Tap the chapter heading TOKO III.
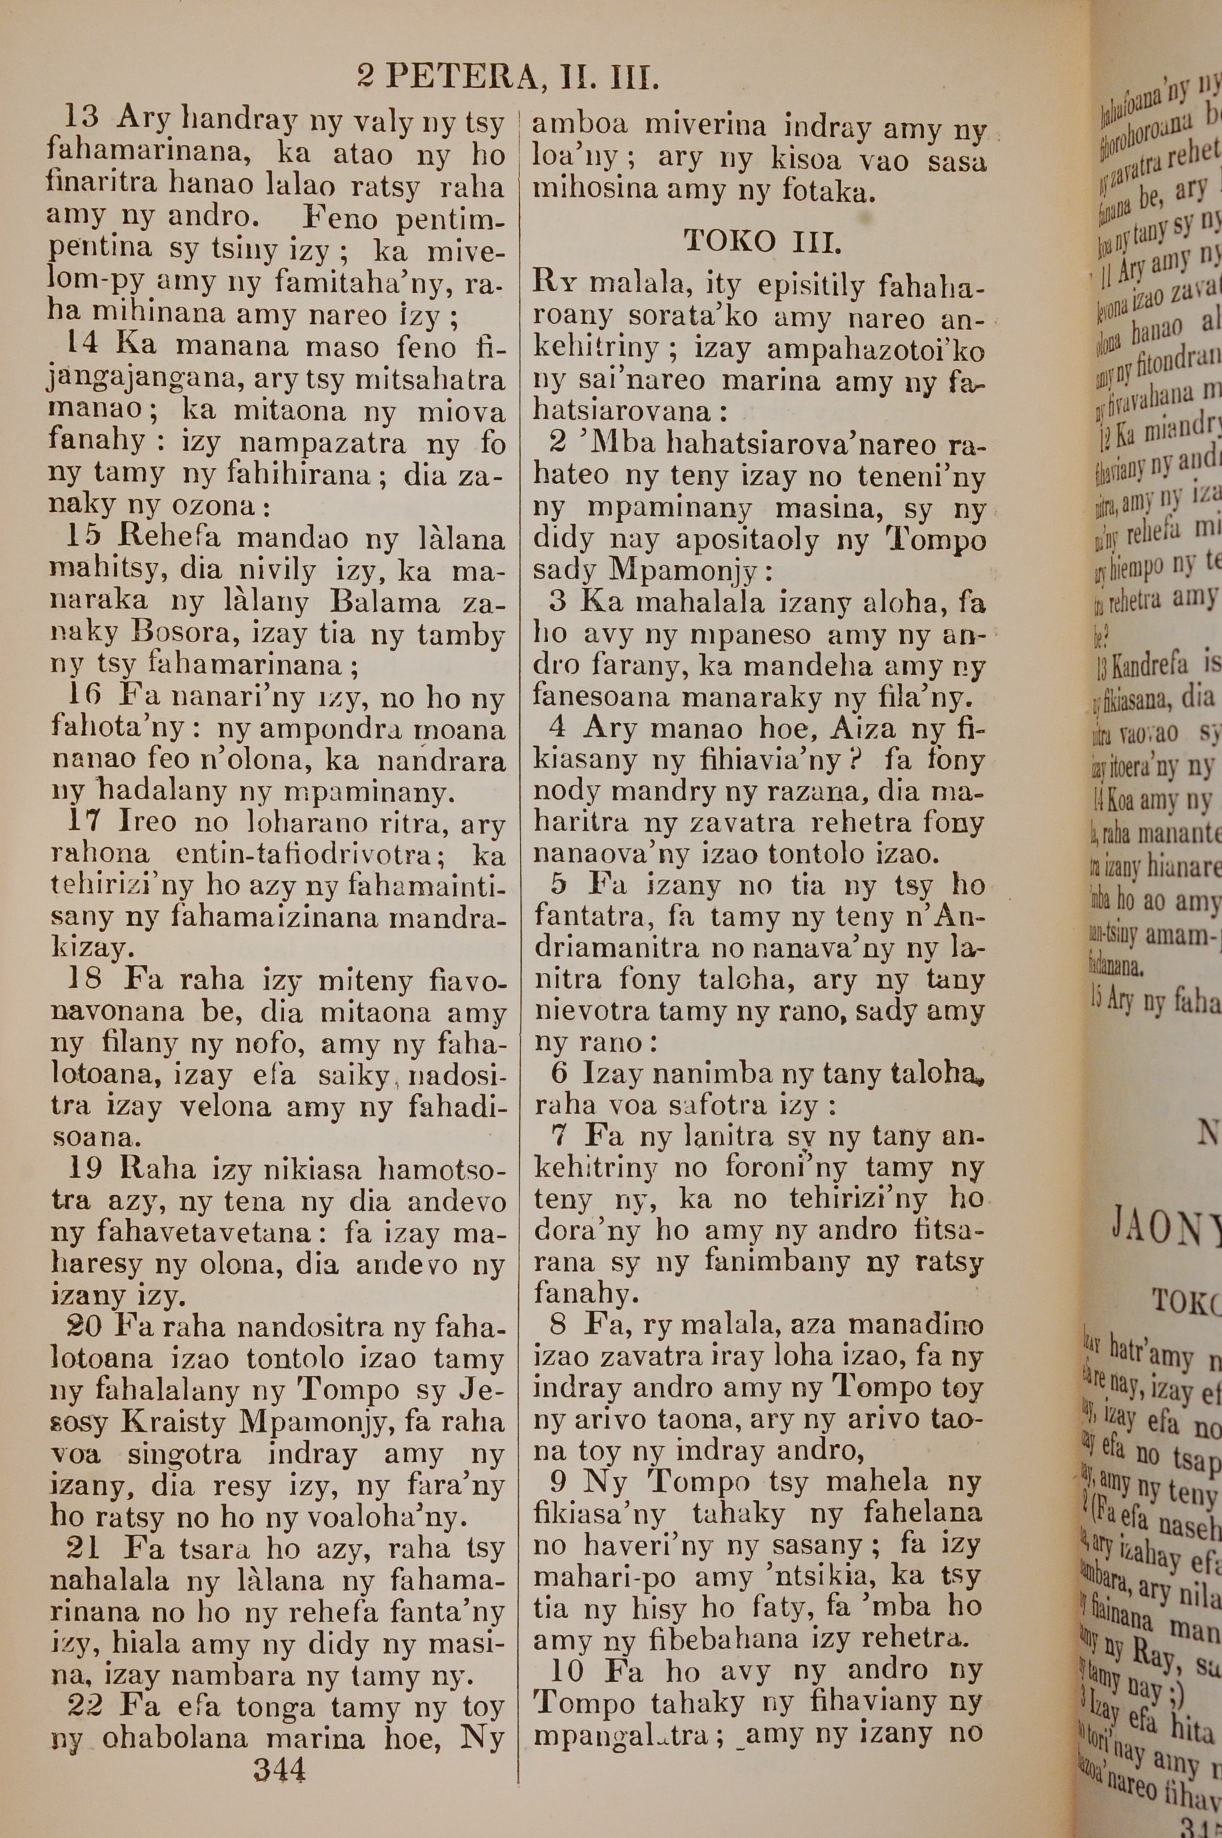coord(761,243)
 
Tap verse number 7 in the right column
coord(559,1135)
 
